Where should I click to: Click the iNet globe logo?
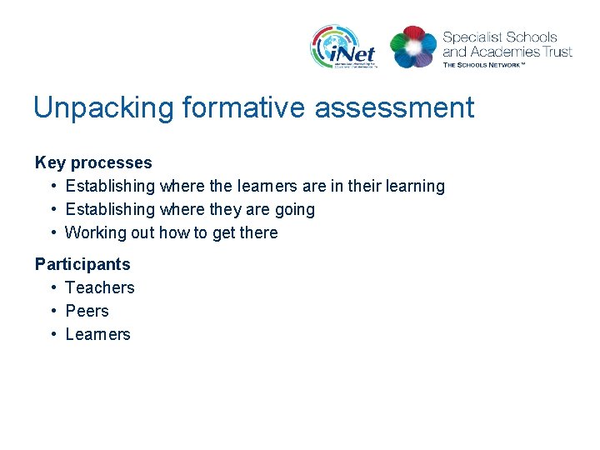344,47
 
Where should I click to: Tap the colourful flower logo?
412,47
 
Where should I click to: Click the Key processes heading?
93,162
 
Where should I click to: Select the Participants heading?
82,264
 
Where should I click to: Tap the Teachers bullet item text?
100,287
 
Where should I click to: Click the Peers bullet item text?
87,311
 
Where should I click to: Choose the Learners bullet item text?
98,334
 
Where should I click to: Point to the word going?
293,209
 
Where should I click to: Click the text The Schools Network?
484,64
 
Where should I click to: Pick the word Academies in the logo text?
505,52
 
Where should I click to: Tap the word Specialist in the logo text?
472,37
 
